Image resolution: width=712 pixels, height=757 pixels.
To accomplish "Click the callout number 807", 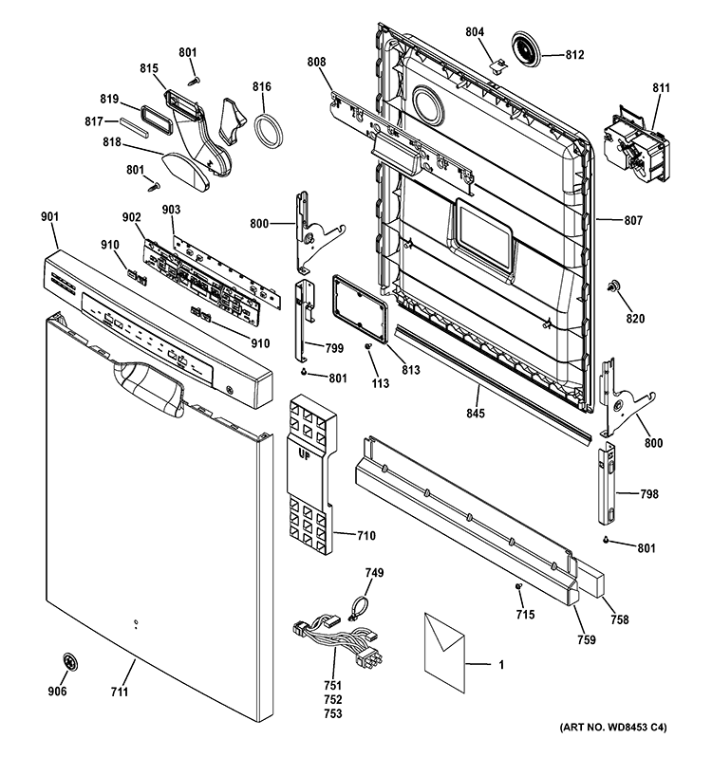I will (x=633, y=221).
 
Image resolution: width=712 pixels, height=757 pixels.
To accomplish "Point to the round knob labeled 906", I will (x=69, y=662).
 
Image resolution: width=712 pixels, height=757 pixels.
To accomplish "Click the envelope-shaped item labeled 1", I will (x=443, y=648).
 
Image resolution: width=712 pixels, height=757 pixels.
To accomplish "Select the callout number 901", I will (x=49, y=217).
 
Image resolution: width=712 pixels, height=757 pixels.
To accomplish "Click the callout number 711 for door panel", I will (x=119, y=692).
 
